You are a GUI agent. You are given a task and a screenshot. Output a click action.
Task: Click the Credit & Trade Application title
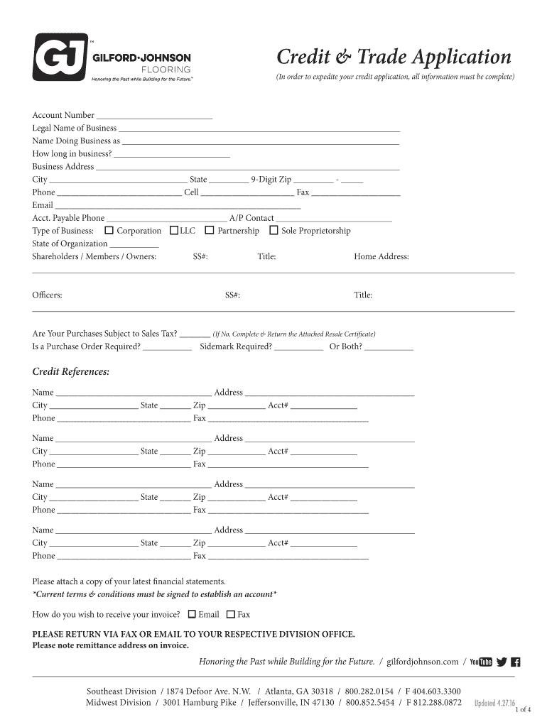393,57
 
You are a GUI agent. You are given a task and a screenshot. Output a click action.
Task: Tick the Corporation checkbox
109,231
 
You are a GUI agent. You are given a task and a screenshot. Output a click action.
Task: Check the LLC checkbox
174,231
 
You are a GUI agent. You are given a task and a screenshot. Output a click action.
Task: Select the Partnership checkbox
210,231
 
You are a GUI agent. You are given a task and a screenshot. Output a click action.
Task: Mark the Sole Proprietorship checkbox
273,231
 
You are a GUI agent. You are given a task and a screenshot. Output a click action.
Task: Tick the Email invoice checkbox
191,614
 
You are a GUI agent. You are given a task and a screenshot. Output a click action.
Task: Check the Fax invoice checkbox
230,614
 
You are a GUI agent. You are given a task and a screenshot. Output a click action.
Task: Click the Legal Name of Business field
259,129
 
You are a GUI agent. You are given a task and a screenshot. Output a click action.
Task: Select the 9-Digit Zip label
271,180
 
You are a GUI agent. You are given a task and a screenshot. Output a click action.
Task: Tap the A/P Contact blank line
333,219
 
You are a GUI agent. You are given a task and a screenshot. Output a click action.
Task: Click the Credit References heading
71,372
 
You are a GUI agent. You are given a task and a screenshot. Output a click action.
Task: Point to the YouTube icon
481,662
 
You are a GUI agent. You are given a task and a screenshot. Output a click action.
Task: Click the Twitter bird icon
502,662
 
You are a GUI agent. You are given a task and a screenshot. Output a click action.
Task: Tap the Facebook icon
516,662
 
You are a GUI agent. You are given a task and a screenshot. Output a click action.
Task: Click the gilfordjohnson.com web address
423,662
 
